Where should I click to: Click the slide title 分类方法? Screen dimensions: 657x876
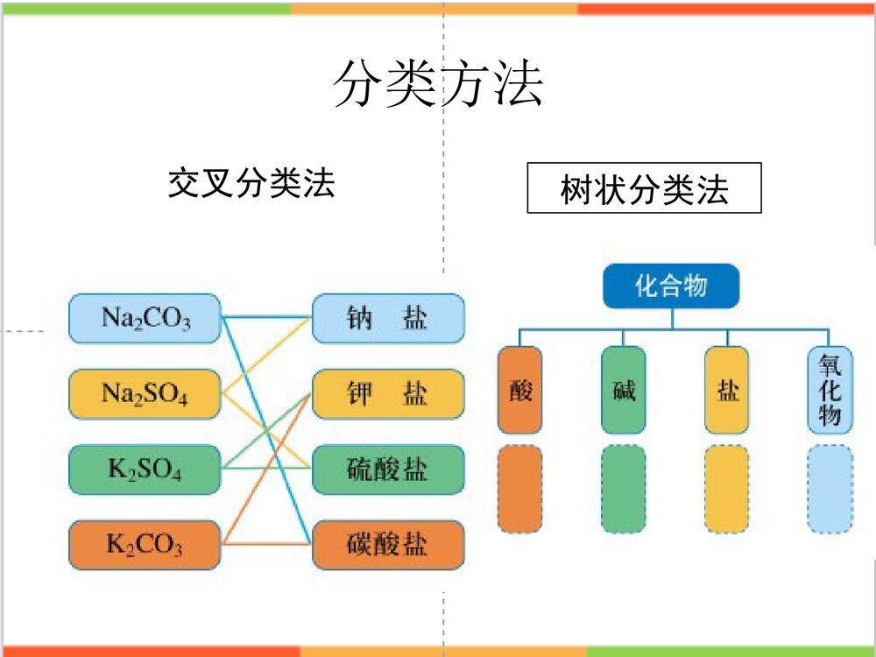tap(438, 85)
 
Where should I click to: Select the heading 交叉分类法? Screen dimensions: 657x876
tap(251, 184)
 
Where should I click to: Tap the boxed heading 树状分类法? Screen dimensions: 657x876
tap(644, 188)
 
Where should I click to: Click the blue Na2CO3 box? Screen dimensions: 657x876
tap(145, 318)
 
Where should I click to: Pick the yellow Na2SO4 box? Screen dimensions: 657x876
tap(145, 393)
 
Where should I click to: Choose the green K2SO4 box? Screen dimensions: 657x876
tap(145, 470)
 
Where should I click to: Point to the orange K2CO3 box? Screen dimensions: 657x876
tap(145, 545)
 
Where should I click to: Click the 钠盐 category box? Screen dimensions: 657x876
tap(387, 318)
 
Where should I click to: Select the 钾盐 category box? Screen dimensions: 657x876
tap(387, 393)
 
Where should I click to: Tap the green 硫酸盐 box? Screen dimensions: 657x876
tap(387, 470)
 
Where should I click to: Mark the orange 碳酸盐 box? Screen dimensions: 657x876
tap(387, 545)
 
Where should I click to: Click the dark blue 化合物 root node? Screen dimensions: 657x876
tap(671, 286)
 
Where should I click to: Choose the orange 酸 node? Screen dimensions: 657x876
tap(520, 390)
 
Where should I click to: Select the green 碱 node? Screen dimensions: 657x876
tap(624, 390)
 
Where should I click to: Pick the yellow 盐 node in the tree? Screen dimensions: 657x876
tap(727, 390)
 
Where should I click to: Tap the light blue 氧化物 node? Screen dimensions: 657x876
tap(830, 390)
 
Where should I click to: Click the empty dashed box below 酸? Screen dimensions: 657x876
tap(520, 489)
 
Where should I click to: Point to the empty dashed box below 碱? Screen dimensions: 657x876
tap(624, 489)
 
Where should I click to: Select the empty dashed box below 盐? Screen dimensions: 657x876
tap(727, 489)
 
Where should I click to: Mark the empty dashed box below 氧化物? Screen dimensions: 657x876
tap(830, 489)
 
